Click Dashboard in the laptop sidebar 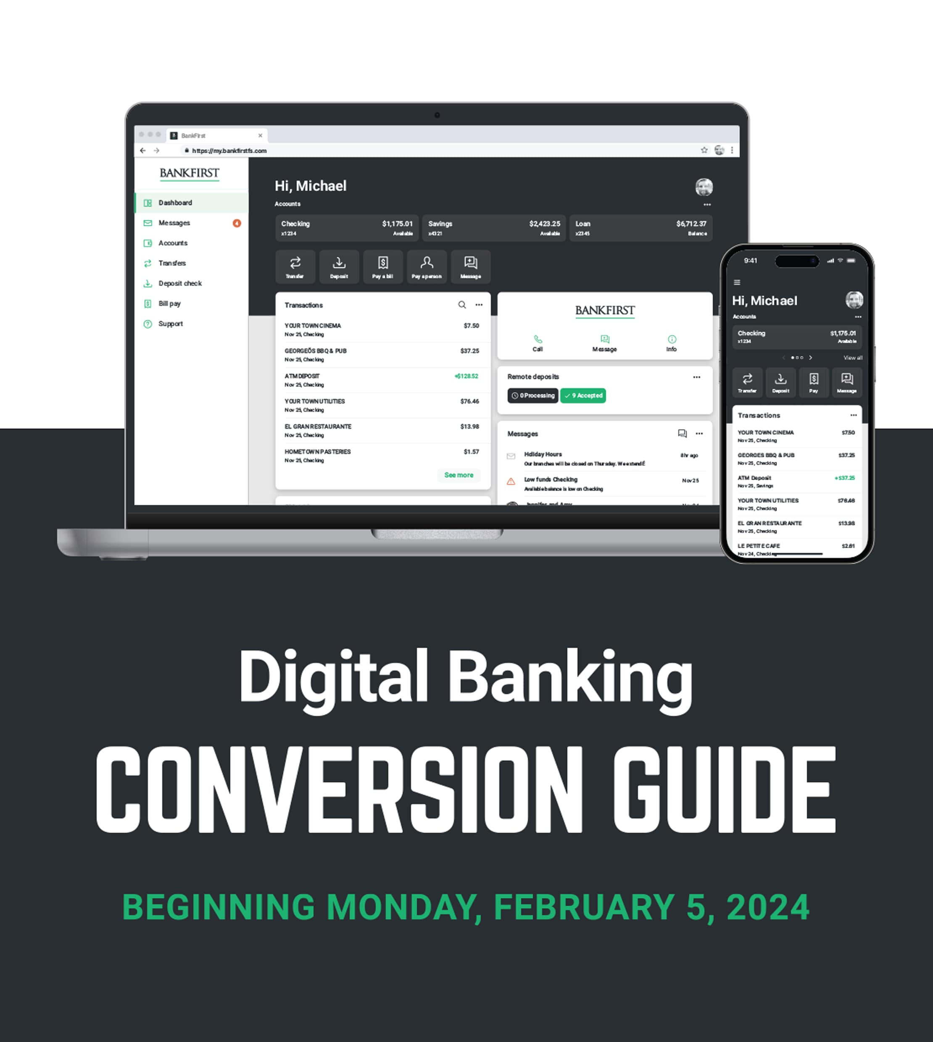click(175, 203)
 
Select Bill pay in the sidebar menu click(169, 303)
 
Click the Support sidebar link click(170, 324)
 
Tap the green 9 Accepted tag click(583, 396)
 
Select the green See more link click(459, 475)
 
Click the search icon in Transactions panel click(462, 305)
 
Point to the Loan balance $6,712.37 click(691, 224)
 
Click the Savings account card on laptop click(494, 228)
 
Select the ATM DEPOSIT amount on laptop click(466, 376)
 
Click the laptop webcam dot click(437, 115)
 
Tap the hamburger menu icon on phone click(737, 282)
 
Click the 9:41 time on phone click(751, 261)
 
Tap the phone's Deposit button click(780, 382)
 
